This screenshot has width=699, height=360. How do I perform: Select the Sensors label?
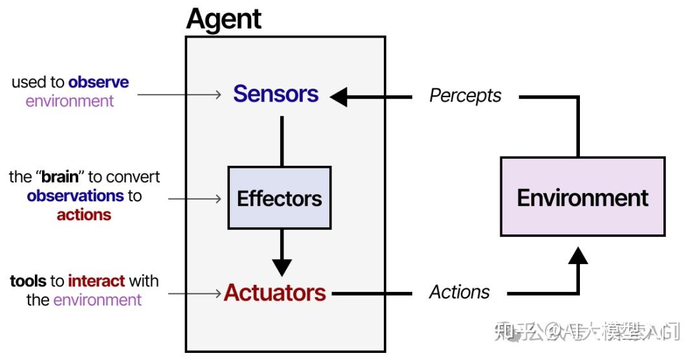pyautogui.click(x=276, y=94)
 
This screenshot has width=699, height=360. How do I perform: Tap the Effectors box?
pyautogui.click(x=280, y=198)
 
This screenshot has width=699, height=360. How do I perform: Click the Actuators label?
pyautogui.click(x=275, y=293)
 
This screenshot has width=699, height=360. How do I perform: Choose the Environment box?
pyautogui.click(x=582, y=197)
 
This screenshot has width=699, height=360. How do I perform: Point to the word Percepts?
pyautogui.click(x=465, y=96)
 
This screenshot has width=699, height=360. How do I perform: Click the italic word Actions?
pyautogui.click(x=460, y=292)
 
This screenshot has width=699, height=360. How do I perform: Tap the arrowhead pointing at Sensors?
pyautogui.click(x=339, y=97)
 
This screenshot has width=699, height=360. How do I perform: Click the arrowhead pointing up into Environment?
pyautogui.click(x=577, y=255)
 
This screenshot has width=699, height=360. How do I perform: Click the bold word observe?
pyautogui.click(x=98, y=82)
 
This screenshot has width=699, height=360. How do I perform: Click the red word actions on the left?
pyautogui.click(x=84, y=215)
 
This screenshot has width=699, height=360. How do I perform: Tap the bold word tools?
pyautogui.click(x=28, y=281)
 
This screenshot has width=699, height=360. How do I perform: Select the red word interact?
pyautogui.click(x=96, y=281)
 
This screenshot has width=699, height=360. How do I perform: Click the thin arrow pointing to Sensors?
pyautogui.click(x=179, y=95)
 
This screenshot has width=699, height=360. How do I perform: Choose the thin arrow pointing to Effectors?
pyautogui.click(x=194, y=198)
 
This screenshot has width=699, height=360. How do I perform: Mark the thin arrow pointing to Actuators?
pyautogui.click(x=194, y=293)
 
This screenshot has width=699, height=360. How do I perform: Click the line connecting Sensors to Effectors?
pyautogui.click(x=282, y=141)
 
